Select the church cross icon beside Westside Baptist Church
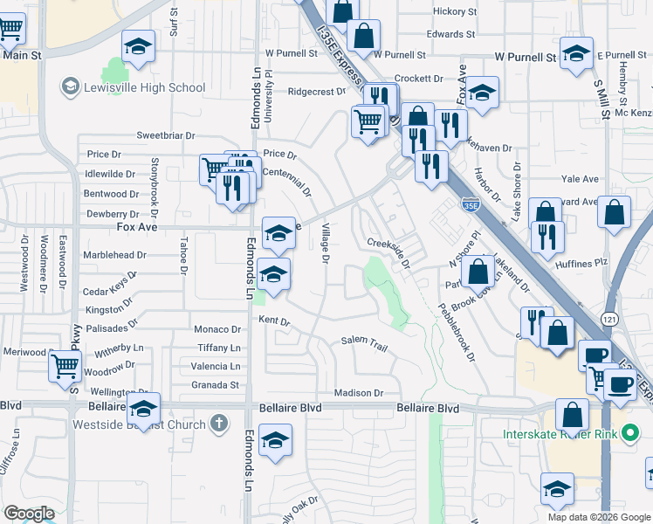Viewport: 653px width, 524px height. point(218,424)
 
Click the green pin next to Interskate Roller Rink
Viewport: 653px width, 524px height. point(626,435)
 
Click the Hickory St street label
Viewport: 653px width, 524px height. point(456,12)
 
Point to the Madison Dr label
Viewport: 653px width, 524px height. point(359,393)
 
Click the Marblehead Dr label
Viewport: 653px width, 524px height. point(114,255)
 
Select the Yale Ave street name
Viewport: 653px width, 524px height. point(581,179)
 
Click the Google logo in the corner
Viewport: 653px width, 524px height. point(29,514)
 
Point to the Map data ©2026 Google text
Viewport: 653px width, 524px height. point(599,517)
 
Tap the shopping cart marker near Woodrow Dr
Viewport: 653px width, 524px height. point(65,368)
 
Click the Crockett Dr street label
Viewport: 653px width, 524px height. point(419,79)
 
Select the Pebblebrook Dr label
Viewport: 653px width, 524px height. point(457,333)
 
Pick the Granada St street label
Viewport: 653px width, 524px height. point(215,385)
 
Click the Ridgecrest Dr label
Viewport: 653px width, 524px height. point(317,91)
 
